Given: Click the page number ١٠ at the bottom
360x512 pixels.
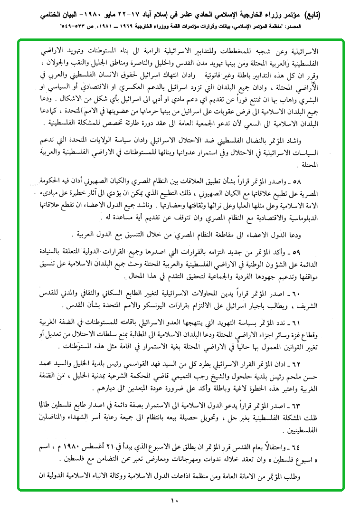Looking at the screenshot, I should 174,500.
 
